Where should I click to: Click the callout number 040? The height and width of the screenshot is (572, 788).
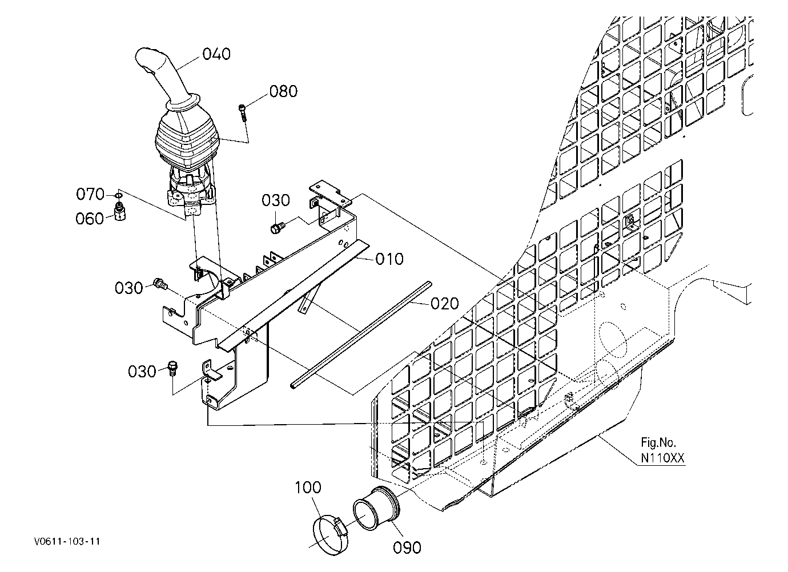click(x=216, y=54)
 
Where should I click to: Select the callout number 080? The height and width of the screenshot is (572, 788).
click(x=284, y=91)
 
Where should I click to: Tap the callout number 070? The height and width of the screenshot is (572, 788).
click(x=90, y=194)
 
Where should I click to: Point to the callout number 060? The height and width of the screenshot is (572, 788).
click(x=90, y=219)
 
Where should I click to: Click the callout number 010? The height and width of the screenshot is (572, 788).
click(x=389, y=259)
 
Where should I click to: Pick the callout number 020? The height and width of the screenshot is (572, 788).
click(x=445, y=303)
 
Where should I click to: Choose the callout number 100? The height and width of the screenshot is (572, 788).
click(x=308, y=488)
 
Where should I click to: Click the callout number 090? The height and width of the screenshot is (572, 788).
click(x=407, y=547)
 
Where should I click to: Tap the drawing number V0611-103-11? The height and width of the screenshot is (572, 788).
click(x=67, y=541)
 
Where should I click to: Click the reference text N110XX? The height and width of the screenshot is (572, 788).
click(x=663, y=458)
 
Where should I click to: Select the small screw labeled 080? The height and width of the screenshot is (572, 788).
click(x=243, y=112)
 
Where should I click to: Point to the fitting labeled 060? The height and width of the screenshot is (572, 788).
click(x=120, y=211)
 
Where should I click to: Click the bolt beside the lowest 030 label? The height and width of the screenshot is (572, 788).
click(x=173, y=368)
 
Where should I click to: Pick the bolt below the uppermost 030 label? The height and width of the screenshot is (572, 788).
click(x=278, y=227)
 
